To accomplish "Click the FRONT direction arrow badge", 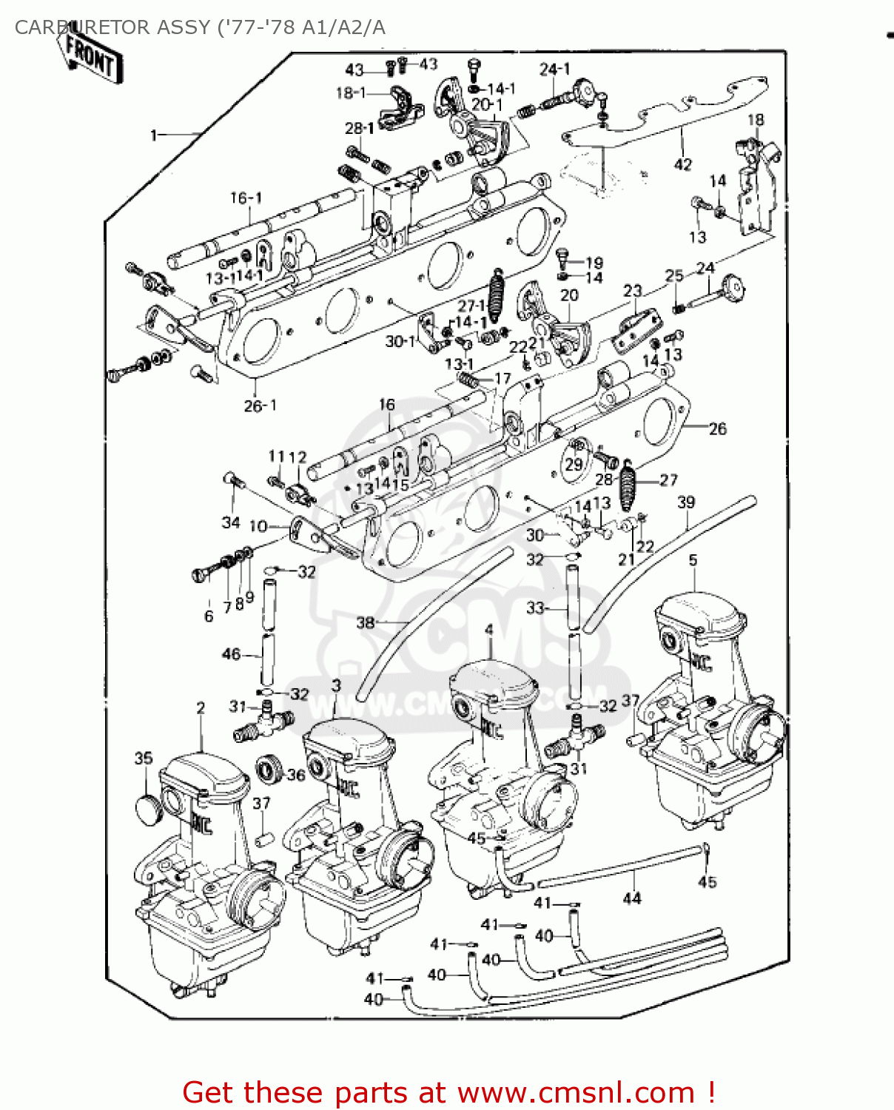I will pyautogui.click(x=91, y=57).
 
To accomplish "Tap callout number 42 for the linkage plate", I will pyautogui.click(x=682, y=164).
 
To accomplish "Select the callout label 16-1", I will pyautogui.click(x=246, y=198).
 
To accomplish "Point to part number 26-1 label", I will pyautogui.click(x=260, y=406).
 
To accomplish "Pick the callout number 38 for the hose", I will pyautogui.click(x=366, y=622).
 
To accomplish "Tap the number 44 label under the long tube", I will pyautogui.click(x=631, y=898).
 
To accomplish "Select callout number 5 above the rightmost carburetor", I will pyautogui.click(x=693, y=560).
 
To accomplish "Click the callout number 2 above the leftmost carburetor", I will pyautogui.click(x=201, y=708).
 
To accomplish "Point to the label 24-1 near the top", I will pyautogui.click(x=554, y=70).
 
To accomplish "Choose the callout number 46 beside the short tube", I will pyautogui.click(x=232, y=654).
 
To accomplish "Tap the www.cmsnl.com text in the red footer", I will pyautogui.click(x=576, y=1092).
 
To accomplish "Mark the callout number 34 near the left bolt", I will pyautogui.click(x=231, y=522).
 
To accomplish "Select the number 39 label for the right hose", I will pyautogui.click(x=686, y=502).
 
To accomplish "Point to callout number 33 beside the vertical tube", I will pyautogui.click(x=535, y=608).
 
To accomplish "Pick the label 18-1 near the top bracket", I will pyautogui.click(x=350, y=92).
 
